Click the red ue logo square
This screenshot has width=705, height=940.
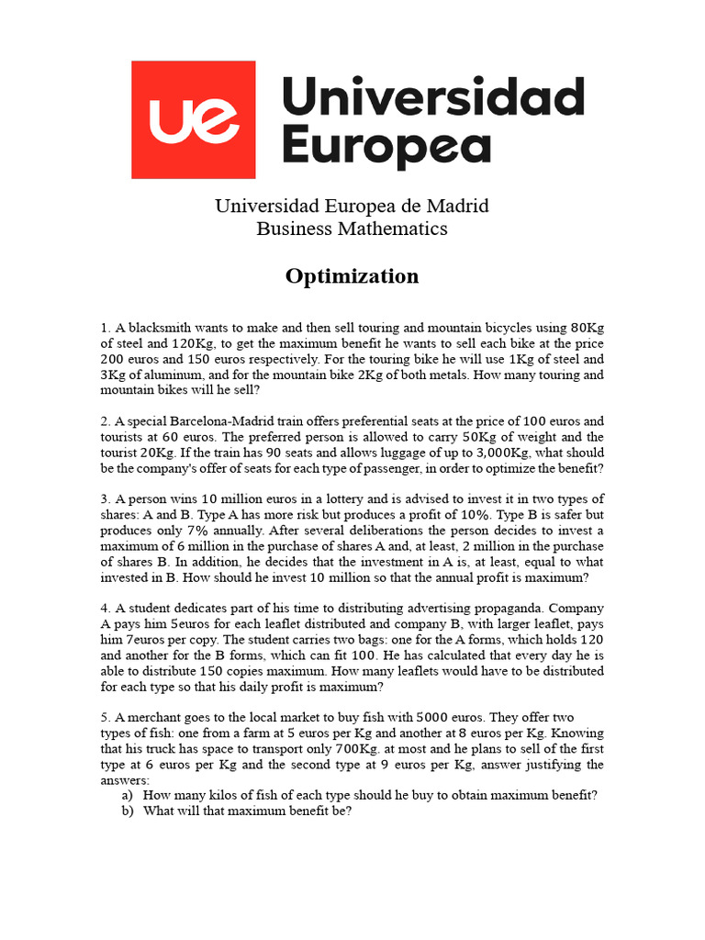pyautogui.click(x=193, y=119)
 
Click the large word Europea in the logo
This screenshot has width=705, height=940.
pyautogui.click(x=386, y=148)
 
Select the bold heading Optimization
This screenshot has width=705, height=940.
pyautogui.click(x=352, y=276)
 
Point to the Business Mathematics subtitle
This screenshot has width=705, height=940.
pyautogui.click(x=352, y=229)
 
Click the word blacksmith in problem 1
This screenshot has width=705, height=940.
pyautogui.click(x=159, y=328)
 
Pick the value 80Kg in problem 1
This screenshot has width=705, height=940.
pyautogui.click(x=587, y=328)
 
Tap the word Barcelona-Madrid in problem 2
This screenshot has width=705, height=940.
pyautogui.click(x=208, y=421)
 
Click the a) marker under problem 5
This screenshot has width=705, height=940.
pyautogui.click(x=128, y=796)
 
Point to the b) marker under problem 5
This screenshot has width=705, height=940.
pyautogui.click(x=128, y=811)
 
